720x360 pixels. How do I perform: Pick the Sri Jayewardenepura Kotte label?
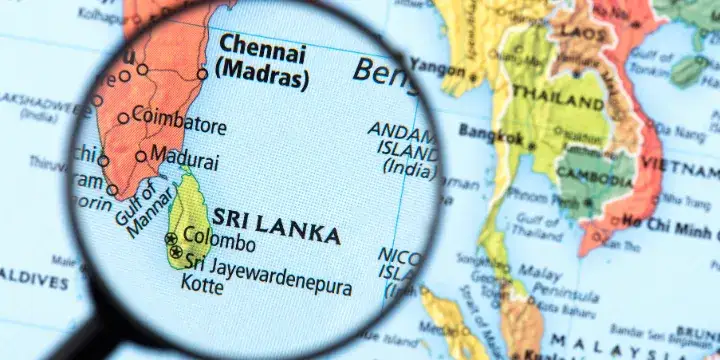coord(265,277)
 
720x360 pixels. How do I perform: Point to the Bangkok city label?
coord(490,135)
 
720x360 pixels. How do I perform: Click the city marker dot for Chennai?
coord(202,73)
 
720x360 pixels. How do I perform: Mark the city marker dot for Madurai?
coord(141,155)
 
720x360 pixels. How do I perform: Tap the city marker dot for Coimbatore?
coord(123,117)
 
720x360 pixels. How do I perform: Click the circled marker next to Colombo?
coord(171,238)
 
